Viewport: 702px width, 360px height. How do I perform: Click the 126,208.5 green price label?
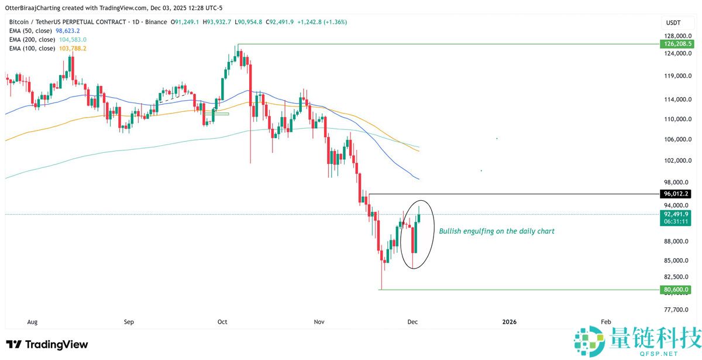[676, 44]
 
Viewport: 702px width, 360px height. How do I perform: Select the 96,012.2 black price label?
[676, 193]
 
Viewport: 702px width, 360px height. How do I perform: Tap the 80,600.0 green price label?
[676, 289]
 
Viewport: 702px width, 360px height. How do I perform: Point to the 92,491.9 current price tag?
[676, 214]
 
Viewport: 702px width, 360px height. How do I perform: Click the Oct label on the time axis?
[222, 322]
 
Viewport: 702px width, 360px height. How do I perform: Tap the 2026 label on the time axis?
[510, 322]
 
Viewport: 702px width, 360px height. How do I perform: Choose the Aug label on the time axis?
[33, 322]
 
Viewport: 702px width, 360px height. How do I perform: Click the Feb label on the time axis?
[607, 322]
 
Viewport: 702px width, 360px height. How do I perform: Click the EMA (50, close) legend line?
[44, 30]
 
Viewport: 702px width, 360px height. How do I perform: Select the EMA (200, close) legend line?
[46, 39]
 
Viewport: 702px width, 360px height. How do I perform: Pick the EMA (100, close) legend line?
[46, 48]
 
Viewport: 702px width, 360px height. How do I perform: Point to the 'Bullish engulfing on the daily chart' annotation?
[497, 231]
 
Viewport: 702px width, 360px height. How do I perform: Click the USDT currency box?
[673, 22]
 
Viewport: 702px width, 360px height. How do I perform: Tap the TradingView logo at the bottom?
[47, 345]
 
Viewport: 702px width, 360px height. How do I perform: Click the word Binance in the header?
[155, 22]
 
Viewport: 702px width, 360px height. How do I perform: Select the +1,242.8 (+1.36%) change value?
[322, 22]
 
